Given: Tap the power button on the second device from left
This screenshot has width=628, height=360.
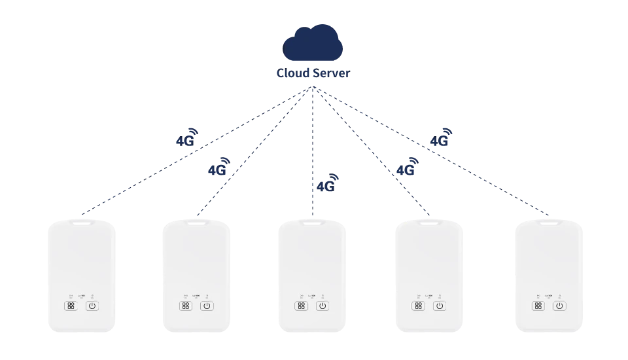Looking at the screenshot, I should (x=207, y=306).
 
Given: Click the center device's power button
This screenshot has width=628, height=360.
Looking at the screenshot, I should (x=321, y=306).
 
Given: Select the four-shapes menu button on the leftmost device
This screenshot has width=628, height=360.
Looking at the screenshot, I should (x=71, y=306).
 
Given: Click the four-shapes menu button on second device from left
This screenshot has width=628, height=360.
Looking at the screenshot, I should (x=186, y=306).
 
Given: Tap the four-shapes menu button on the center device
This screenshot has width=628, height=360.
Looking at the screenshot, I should (x=301, y=306).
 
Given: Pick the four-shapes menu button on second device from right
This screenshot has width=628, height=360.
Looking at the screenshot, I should (x=418, y=306).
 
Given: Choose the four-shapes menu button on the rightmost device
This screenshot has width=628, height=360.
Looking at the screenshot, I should (x=537, y=306).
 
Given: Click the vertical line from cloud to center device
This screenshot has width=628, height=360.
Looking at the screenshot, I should (x=313, y=144).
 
